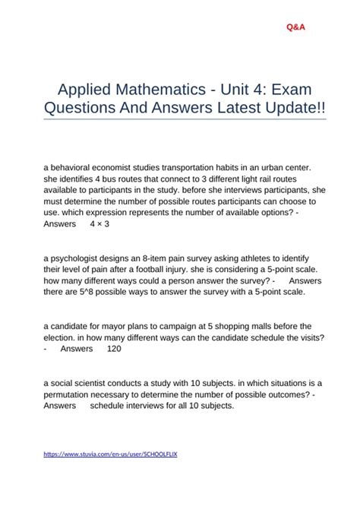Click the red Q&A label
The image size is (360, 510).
pyautogui.click(x=297, y=27)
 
